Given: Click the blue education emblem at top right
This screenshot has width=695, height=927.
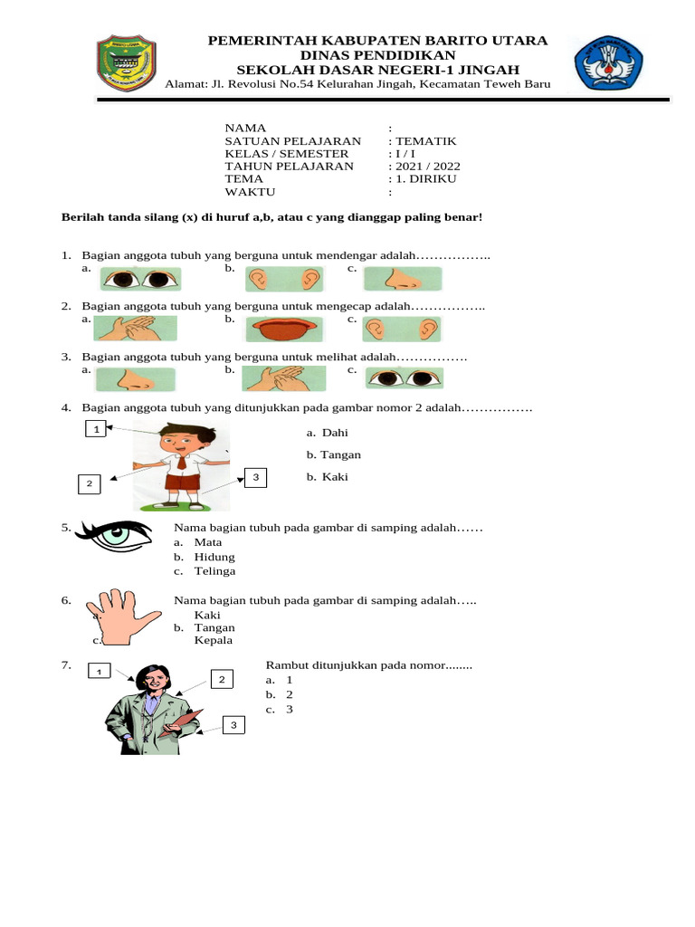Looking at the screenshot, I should pyautogui.click(x=610, y=63).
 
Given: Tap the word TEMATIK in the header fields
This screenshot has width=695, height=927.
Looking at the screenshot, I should pyautogui.click(x=425, y=141).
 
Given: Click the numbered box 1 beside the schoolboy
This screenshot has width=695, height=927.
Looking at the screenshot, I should pyautogui.click(x=94, y=429).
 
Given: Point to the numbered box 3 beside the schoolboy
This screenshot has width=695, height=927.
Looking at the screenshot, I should pyautogui.click(x=255, y=477).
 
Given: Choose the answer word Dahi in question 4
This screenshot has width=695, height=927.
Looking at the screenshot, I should pyautogui.click(x=335, y=433).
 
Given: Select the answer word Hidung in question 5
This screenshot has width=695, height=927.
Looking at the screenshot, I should pyautogui.click(x=214, y=557).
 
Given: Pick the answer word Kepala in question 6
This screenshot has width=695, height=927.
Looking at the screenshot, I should pyautogui.click(x=214, y=640).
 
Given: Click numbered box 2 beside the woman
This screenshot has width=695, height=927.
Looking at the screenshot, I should pyautogui.click(x=222, y=679).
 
